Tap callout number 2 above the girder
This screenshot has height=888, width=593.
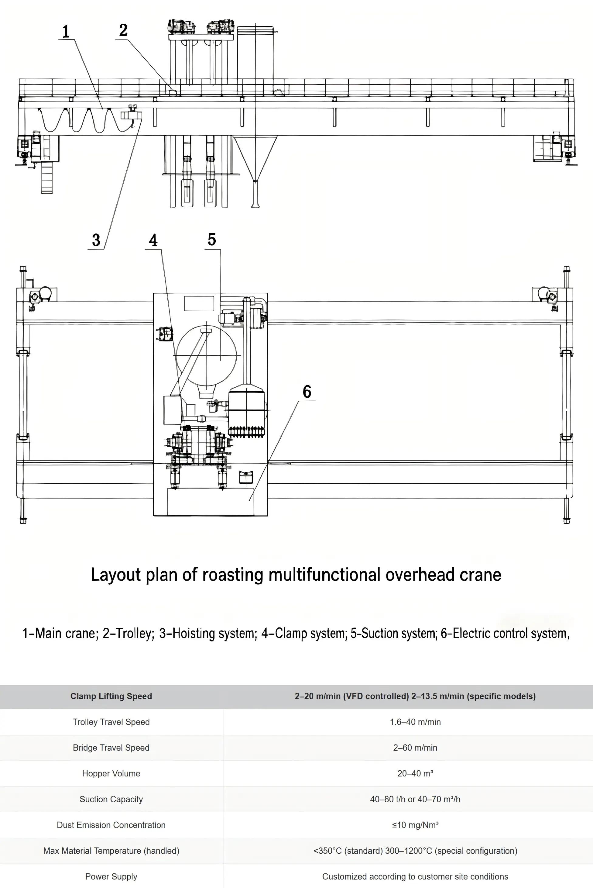coord(123,31)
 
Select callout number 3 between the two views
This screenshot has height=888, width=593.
coord(96,240)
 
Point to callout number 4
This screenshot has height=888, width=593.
coord(153,240)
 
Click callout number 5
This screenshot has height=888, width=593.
coord(212,240)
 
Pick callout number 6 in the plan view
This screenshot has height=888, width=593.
coord(307,392)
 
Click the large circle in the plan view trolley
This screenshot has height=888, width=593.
coord(206,356)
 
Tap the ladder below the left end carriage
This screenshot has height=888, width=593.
coord(47,178)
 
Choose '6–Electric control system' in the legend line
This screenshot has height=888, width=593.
coord(505,633)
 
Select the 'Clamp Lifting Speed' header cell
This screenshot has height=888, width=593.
coord(111,696)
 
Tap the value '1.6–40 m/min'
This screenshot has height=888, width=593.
coord(415,722)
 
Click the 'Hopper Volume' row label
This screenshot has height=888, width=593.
coord(111,773)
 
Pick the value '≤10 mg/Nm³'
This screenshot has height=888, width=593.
coord(415,825)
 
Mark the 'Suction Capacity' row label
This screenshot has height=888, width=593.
coord(111,799)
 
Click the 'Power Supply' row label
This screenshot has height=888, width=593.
coord(111,876)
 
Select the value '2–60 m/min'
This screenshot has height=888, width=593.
coord(415,748)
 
